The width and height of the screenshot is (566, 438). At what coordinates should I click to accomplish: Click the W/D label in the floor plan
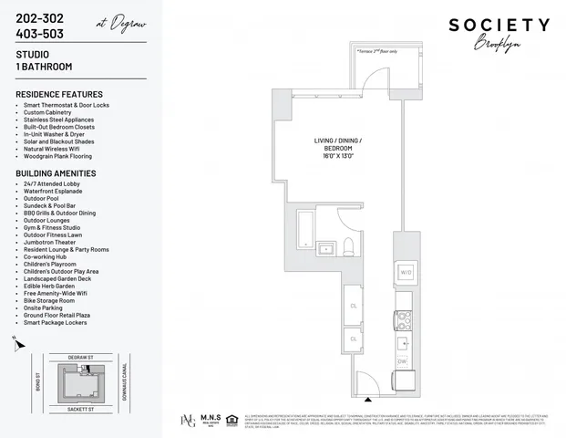[x=406, y=271]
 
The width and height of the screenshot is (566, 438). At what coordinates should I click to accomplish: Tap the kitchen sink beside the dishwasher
[x=402, y=343]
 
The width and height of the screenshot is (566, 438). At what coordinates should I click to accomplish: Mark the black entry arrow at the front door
[x=368, y=399]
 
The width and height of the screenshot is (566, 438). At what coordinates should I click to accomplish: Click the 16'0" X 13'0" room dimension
[x=337, y=155]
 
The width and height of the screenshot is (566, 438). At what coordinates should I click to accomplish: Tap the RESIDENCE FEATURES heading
[x=58, y=94]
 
